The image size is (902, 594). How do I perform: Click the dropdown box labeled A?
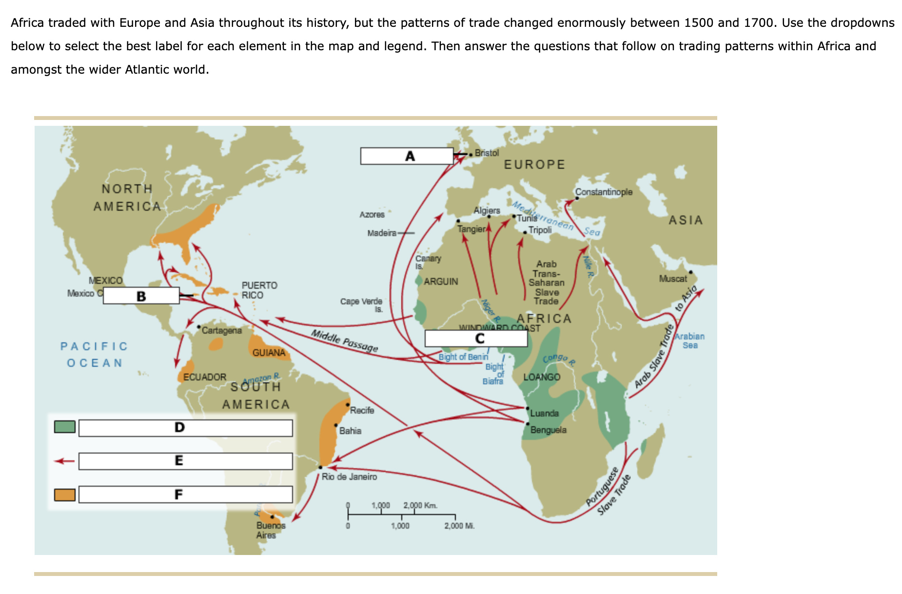click(407, 156)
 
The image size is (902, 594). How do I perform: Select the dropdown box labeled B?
click(141, 296)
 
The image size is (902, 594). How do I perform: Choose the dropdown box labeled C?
click(476, 338)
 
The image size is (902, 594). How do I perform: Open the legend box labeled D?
click(185, 428)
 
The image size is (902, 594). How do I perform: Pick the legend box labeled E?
click(185, 461)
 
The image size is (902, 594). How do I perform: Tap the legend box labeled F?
click(185, 495)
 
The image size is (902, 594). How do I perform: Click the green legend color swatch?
click(65, 427)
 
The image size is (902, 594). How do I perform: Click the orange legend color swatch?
click(65, 495)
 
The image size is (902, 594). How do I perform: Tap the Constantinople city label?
click(604, 192)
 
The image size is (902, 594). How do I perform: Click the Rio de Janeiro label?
click(349, 477)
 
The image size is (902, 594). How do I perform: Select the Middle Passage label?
click(344, 341)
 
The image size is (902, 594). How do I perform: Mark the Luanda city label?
click(544, 414)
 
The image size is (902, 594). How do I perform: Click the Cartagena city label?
click(221, 331)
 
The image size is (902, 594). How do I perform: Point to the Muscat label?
click(673, 279)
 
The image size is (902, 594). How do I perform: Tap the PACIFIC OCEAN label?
click(94, 355)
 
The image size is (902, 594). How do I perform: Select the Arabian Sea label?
click(689, 341)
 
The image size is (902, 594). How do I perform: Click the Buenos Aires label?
click(271, 530)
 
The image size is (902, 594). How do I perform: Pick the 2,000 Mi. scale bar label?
click(459, 526)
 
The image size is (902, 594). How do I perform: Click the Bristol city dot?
click(471, 155)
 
